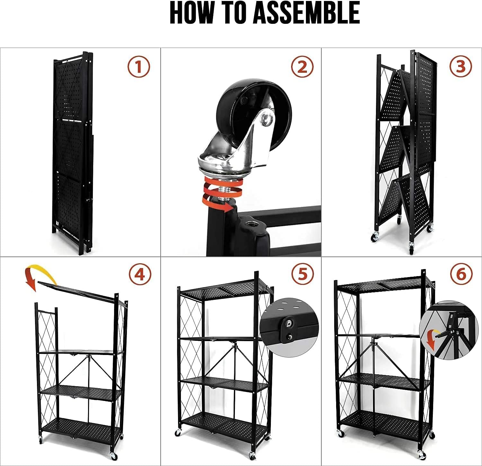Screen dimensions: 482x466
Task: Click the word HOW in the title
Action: (192, 13)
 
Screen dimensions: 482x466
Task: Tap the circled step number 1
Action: (138, 67)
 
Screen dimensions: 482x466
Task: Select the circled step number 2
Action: (302, 67)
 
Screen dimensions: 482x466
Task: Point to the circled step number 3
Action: (460, 67)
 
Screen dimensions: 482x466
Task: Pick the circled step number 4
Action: (140, 275)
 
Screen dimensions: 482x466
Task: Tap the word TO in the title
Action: (233, 13)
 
